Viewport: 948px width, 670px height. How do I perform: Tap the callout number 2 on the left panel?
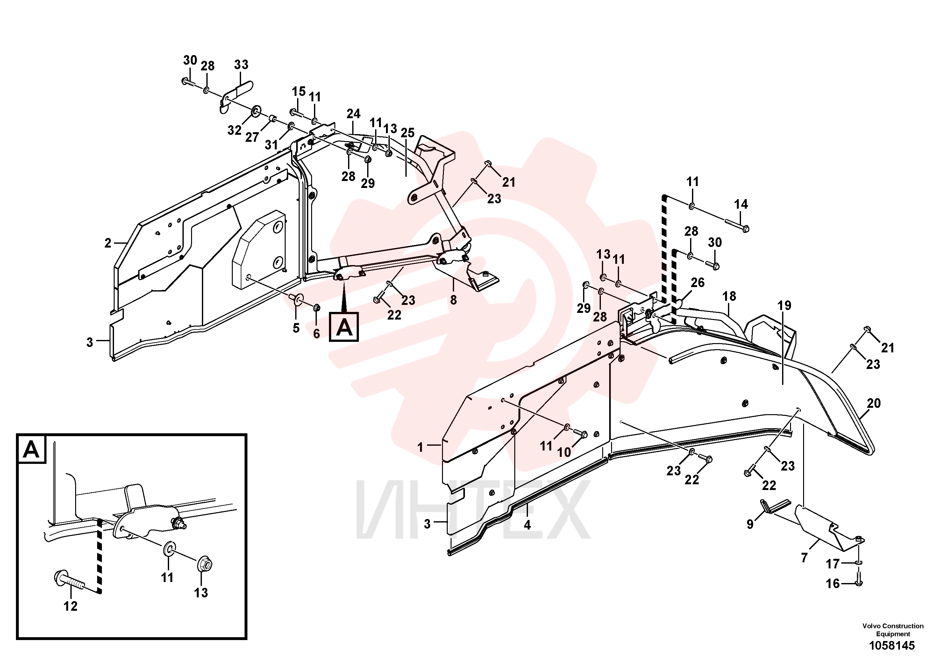108,243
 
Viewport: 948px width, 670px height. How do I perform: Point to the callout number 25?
408,133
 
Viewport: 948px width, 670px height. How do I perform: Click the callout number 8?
453,300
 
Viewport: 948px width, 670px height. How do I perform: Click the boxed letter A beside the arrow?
344,327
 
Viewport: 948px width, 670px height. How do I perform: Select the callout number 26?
698,283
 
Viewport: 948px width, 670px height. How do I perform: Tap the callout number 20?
874,403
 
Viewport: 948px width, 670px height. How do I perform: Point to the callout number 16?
833,584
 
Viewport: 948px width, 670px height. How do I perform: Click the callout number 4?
527,525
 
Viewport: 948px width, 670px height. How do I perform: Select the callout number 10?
564,452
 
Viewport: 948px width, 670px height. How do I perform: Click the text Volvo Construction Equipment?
893,630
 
